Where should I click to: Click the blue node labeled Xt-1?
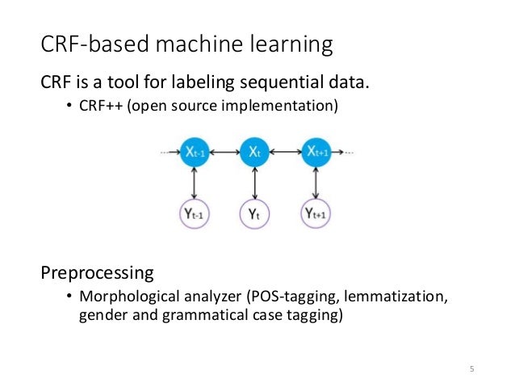pyautogui.click(x=195, y=152)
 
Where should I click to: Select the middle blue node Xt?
pyautogui.click(x=254, y=152)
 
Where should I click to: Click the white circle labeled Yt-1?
pyautogui.click(x=195, y=214)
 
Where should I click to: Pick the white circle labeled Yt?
pyautogui.click(x=254, y=214)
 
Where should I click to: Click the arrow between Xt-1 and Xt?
pyautogui.click(x=224, y=152)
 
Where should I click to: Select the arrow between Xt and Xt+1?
pyautogui.click(x=285, y=152)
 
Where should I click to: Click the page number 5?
pyautogui.click(x=472, y=370)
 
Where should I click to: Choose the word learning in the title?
pyautogui.click(x=293, y=45)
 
